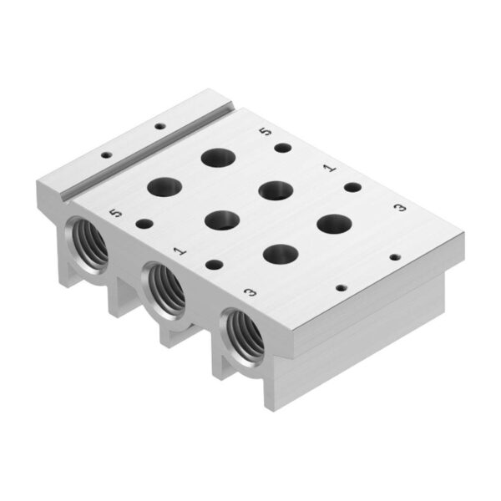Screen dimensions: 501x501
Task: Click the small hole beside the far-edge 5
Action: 283,148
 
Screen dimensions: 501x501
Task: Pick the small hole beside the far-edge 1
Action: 352,186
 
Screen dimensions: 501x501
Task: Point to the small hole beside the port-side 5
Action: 144,224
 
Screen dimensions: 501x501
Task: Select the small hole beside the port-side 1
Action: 215,265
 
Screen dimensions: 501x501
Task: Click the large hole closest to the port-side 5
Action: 164,187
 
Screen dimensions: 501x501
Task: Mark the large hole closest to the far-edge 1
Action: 276,190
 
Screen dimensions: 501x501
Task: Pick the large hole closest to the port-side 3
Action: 281,253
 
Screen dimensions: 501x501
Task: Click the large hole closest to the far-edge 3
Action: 335,223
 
